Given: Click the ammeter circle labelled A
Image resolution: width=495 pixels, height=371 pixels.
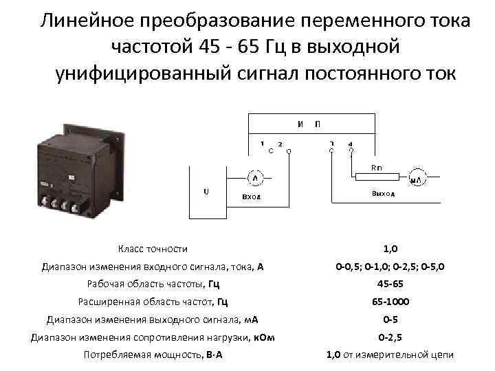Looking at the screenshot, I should tap(255, 178).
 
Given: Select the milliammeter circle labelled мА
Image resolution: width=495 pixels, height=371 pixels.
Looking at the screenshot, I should tap(417, 178).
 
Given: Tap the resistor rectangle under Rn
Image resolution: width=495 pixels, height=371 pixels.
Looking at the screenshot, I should tap(375, 177).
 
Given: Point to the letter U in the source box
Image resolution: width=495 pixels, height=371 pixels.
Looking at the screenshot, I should tap(206, 191).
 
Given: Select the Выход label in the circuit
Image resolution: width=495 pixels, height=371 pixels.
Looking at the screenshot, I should tap(384, 194).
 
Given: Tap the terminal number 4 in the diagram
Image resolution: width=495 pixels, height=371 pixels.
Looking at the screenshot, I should tap(350, 144).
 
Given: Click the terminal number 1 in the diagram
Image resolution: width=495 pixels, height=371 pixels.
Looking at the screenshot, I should tap(262, 144).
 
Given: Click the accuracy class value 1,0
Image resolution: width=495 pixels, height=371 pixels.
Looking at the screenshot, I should tap(389, 249).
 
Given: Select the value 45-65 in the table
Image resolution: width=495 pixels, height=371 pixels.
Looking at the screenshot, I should tap(389, 284).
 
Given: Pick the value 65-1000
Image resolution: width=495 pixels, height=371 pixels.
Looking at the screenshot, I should tap(389, 302).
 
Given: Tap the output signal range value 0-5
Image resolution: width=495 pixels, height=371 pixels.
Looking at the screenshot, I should tap(389, 319).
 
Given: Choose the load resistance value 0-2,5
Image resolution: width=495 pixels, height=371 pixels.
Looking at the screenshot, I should tap(389, 337).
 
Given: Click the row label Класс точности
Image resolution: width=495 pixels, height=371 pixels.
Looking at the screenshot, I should tap(153, 249).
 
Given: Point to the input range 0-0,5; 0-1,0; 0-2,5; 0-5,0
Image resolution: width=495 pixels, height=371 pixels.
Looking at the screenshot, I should tap(389, 267).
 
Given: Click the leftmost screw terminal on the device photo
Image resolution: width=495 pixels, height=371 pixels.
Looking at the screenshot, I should tap(47, 203).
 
